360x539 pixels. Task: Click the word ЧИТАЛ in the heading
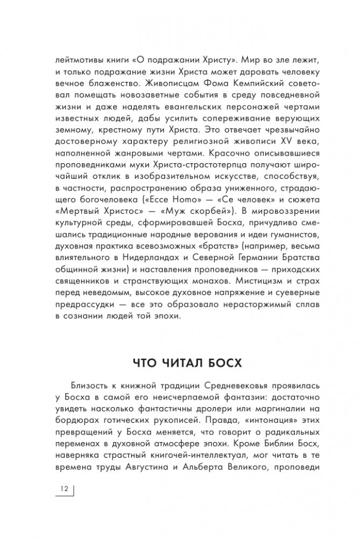pyautogui.click(x=181, y=362)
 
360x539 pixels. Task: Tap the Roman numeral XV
pyautogui.click(x=274, y=140)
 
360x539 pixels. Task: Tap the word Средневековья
pyautogui.click(x=230, y=388)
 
